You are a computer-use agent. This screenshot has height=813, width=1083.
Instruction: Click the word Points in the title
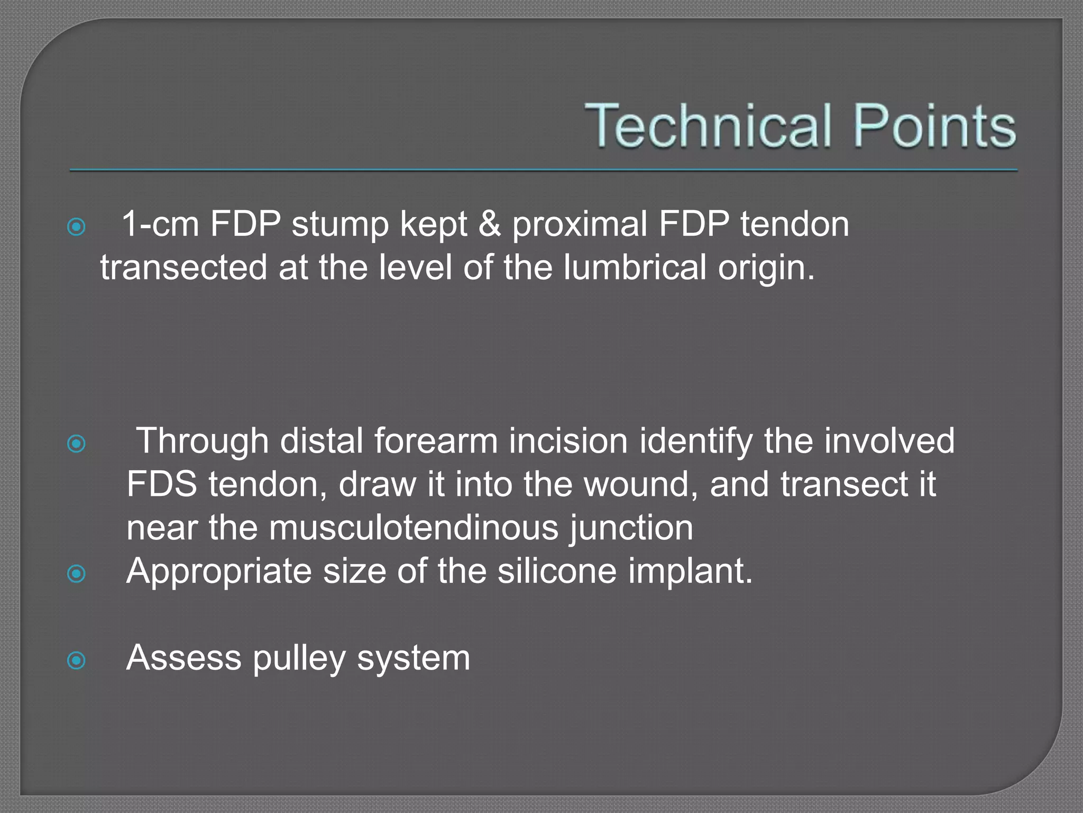934,125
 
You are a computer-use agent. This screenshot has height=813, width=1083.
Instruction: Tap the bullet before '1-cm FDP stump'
77,227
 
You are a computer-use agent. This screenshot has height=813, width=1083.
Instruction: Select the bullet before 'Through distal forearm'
77,444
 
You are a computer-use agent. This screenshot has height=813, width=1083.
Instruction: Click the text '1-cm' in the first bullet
160,224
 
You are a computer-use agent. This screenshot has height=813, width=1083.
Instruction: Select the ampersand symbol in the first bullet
489,224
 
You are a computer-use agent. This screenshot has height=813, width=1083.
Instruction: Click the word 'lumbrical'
635,267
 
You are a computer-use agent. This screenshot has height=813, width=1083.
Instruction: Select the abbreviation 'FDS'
162,484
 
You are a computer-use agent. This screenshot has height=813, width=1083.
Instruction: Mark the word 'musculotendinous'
414,528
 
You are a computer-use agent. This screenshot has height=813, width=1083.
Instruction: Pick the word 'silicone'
557,571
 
